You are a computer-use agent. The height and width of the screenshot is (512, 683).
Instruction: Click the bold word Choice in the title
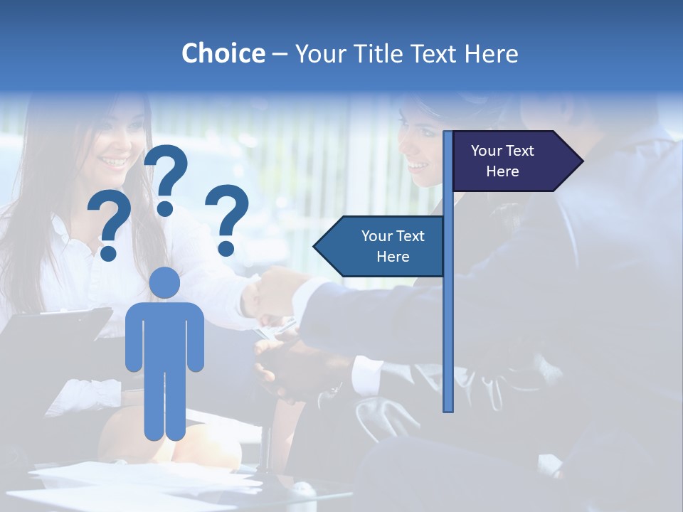pos(223,53)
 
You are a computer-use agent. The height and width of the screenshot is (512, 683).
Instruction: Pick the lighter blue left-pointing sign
pos(384,246)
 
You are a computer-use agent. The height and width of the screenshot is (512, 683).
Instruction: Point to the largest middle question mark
pos(166,178)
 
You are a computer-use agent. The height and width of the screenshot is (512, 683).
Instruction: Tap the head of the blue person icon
pos(165,282)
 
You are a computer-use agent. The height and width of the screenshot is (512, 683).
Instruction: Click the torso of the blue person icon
pos(165,334)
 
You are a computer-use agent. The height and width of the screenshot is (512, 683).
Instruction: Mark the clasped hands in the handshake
pos(274,292)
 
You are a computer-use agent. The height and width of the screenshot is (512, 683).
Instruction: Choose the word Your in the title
pos(321,53)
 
